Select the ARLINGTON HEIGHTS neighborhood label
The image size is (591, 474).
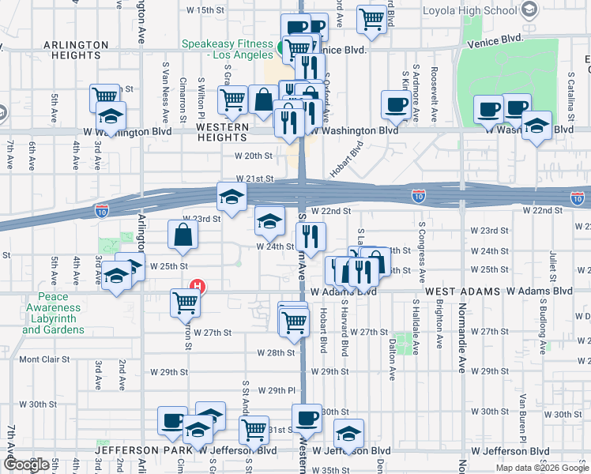tap(76, 45)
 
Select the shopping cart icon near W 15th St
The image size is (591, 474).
tap(371, 19)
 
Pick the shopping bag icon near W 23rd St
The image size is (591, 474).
tap(183, 235)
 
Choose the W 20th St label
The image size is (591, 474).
tap(258, 156)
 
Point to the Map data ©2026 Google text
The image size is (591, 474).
tap(543, 468)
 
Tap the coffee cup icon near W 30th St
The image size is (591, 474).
tap(306, 417)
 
